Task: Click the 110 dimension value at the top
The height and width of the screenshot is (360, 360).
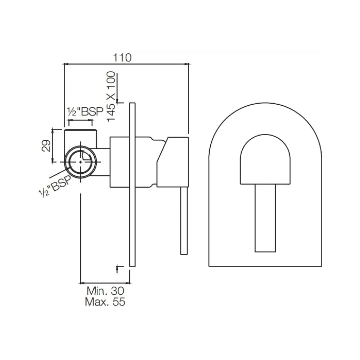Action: point(122,57)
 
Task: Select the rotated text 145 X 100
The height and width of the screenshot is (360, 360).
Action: point(111,96)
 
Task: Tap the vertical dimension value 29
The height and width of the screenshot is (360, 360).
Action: point(46,146)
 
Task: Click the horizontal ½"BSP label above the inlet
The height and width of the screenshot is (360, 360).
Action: point(85,112)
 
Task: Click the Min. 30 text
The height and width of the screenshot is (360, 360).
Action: point(105,290)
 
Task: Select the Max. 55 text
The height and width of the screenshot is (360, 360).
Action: point(105,302)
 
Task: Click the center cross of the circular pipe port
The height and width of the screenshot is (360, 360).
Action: point(81,161)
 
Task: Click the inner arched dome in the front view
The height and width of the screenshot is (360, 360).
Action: point(265,160)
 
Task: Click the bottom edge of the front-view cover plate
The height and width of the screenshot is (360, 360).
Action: point(265,266)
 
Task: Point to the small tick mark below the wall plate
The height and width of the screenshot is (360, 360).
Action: point(117,268)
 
